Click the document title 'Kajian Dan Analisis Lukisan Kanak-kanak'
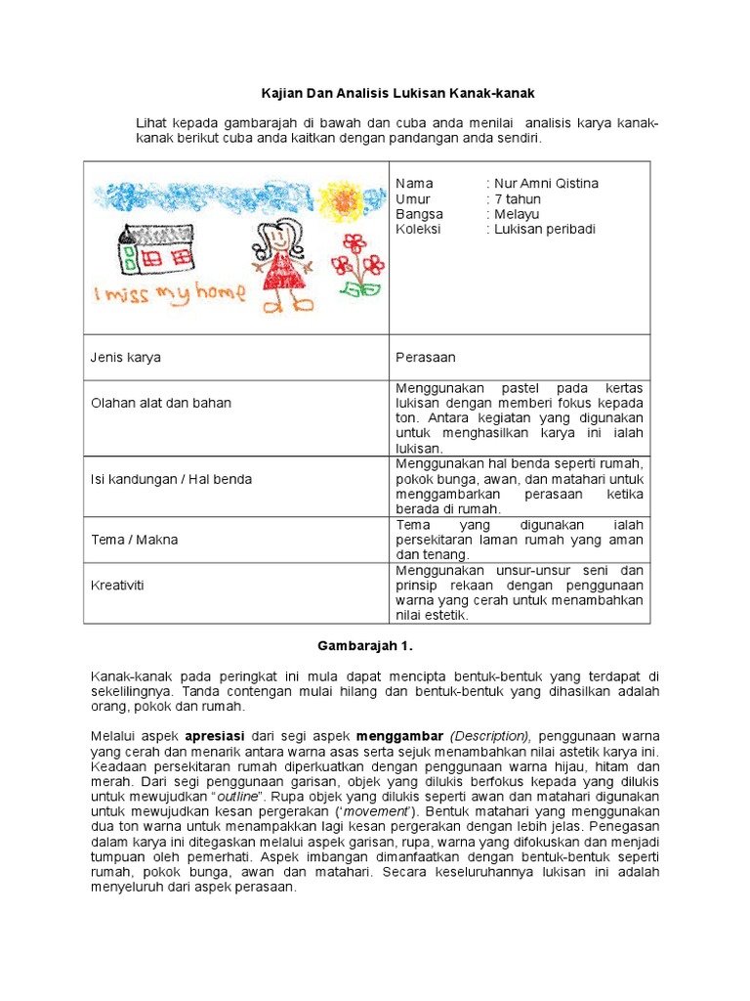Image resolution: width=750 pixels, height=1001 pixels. coord(397,93)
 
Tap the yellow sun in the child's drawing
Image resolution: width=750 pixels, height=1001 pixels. coord(342,200)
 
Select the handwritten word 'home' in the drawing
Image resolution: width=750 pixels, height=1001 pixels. coord(218,293)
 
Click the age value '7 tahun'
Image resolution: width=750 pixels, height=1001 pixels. coord(518,199)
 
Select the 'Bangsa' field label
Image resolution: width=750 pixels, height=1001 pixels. coord(419,214)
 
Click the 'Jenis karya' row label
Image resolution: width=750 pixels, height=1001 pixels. coord(126,358)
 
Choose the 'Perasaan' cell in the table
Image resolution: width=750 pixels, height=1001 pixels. coord(425,358)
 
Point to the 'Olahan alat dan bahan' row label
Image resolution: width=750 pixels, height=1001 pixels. coord(161,403)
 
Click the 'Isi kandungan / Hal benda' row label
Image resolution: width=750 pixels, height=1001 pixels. coord(171,479)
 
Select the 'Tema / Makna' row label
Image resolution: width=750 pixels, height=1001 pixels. coord(135,540)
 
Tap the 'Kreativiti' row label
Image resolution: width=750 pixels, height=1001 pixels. coord(118,585)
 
